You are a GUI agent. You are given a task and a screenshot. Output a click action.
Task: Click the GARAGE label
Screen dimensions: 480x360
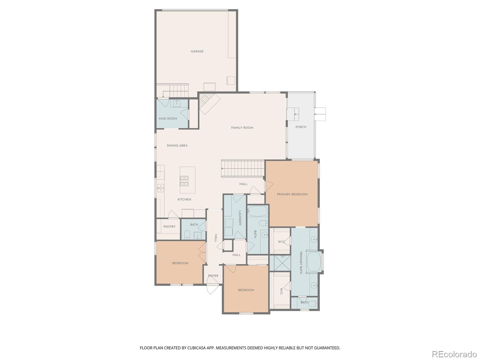197,51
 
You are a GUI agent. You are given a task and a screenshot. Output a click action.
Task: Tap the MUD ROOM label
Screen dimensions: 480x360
168,118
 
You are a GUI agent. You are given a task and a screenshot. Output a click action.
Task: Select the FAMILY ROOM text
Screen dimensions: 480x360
242,128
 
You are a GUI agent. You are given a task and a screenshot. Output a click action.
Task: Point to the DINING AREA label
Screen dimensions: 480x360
177,145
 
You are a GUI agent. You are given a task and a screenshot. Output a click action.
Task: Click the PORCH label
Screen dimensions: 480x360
301,127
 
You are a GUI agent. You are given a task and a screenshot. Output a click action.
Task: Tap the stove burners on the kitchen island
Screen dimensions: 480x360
184,181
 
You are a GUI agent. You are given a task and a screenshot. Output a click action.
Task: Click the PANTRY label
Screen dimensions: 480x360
169,227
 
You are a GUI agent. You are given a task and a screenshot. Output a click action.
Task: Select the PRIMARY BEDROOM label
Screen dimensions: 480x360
292,194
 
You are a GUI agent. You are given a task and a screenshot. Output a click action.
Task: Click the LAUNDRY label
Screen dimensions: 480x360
240,218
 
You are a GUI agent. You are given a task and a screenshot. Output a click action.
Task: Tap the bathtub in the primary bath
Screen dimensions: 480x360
314,262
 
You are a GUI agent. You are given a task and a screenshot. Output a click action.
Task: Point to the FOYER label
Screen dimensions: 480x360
213,276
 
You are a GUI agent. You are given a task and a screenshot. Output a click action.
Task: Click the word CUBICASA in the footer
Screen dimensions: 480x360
196,348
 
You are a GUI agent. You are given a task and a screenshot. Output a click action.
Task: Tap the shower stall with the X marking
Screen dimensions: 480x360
280,263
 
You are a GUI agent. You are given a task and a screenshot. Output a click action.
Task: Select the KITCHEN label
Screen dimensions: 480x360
184,199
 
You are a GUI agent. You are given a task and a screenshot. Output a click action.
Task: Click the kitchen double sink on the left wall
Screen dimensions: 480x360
160,188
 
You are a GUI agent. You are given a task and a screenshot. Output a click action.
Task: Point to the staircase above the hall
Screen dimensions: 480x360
243,169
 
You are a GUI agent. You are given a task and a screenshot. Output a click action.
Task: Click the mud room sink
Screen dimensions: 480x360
177,103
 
